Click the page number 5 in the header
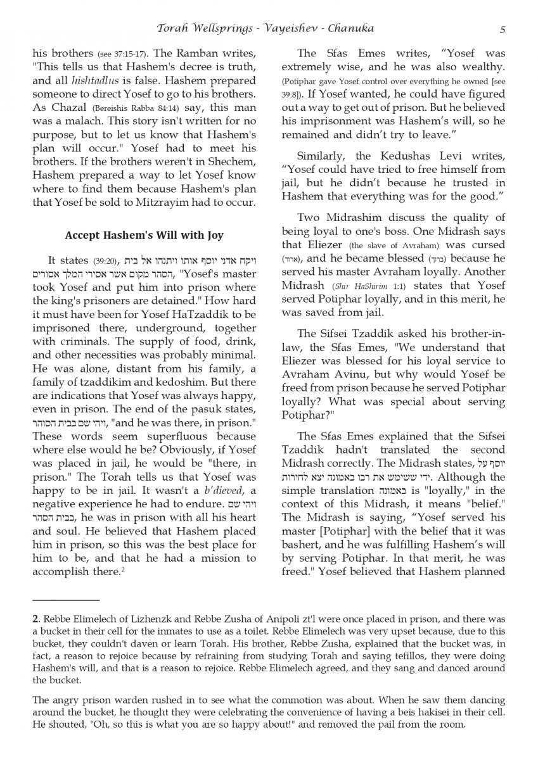click(x=502, y=28)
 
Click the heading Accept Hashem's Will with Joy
click(x=144, y=236)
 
